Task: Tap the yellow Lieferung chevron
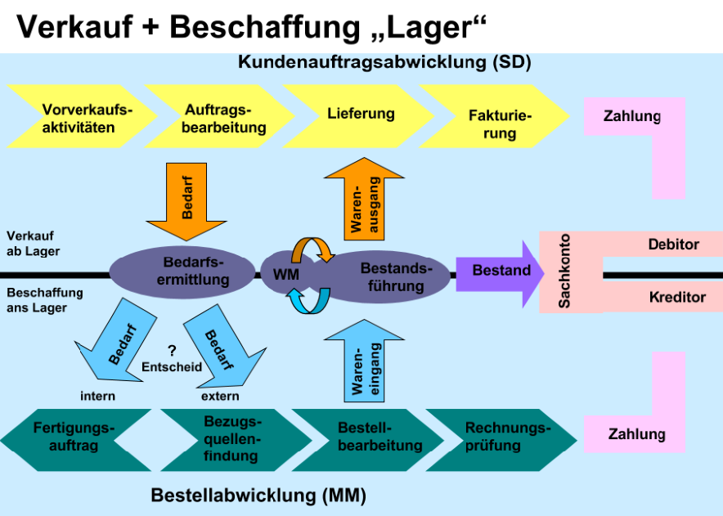[360, 115]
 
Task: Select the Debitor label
[673, 245]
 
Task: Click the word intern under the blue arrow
[97, 397]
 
